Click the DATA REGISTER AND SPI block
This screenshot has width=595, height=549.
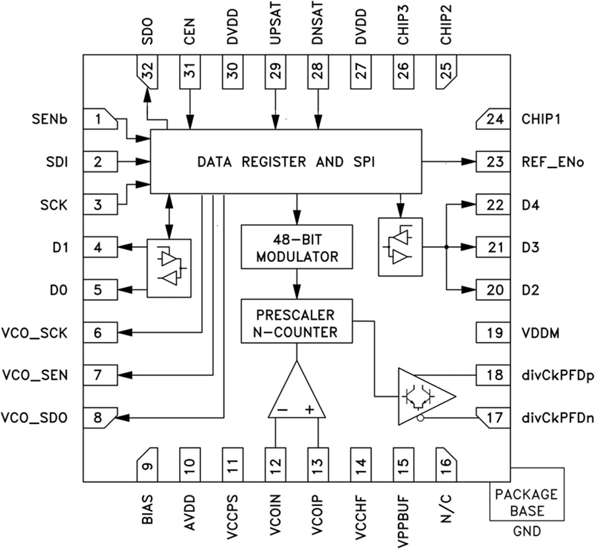tap(286, 161)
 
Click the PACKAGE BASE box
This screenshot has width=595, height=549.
tap(526, 502)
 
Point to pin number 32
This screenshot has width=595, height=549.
tap(147, 71)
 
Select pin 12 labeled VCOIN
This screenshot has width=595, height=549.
tap(274, 466)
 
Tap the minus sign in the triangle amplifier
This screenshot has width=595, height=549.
tap(282, 410)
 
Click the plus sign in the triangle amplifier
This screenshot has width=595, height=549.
tap(309, 410)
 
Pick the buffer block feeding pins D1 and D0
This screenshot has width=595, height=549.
tap(169, 267)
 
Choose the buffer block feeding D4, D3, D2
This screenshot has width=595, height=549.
tap(398, 247)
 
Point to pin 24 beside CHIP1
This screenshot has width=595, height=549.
tap(493, 120)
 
